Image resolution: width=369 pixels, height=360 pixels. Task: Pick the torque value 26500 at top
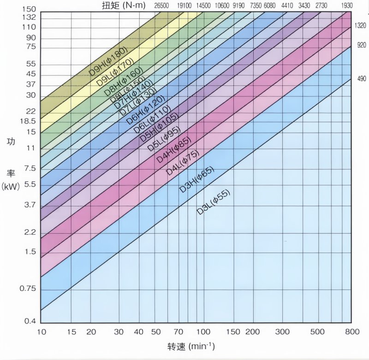pos(162,6)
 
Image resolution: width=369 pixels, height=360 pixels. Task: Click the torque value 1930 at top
pos(347,6)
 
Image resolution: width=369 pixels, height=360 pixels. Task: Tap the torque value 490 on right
pos(361,79)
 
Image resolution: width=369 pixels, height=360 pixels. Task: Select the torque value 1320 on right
pos(361,26)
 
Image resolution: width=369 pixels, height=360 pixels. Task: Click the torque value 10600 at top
pos(221,6)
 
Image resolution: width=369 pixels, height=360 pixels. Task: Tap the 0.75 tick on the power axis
pos(28,289)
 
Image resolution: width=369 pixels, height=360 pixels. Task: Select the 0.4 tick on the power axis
pos(30,321)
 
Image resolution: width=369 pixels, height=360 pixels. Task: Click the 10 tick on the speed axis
pos(41,332)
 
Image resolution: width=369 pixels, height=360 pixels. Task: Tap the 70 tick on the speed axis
pos(178,332)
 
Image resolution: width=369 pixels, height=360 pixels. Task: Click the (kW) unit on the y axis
pos(11,187)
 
